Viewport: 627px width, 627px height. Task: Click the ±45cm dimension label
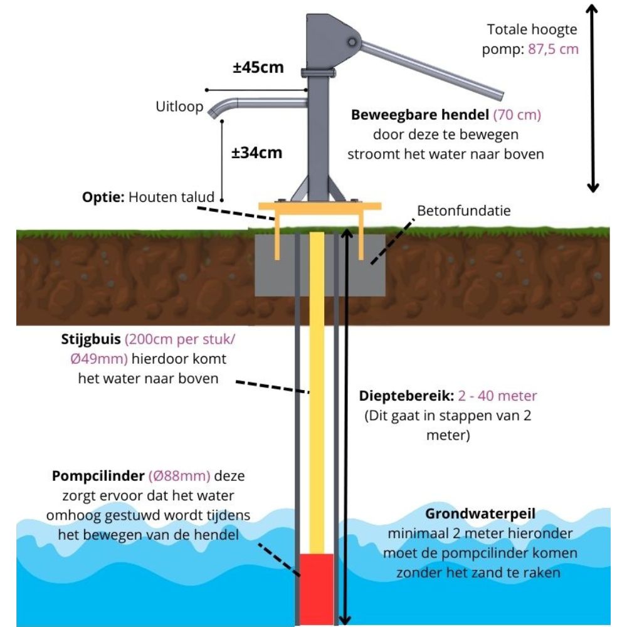tap(258, 67)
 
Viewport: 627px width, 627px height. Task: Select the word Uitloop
tap(179, 107)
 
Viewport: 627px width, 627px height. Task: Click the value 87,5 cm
tap(553, 49)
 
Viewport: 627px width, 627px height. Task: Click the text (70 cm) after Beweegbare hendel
tap(517, 115)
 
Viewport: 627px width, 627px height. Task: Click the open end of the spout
tap(212, 115)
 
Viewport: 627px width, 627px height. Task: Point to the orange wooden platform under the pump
tap(320, 206)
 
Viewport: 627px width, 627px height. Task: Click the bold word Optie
tap(103, 197)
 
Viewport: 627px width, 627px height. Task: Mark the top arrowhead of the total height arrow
tap(592, 8)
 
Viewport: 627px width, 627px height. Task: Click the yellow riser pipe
tap(318, 389)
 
